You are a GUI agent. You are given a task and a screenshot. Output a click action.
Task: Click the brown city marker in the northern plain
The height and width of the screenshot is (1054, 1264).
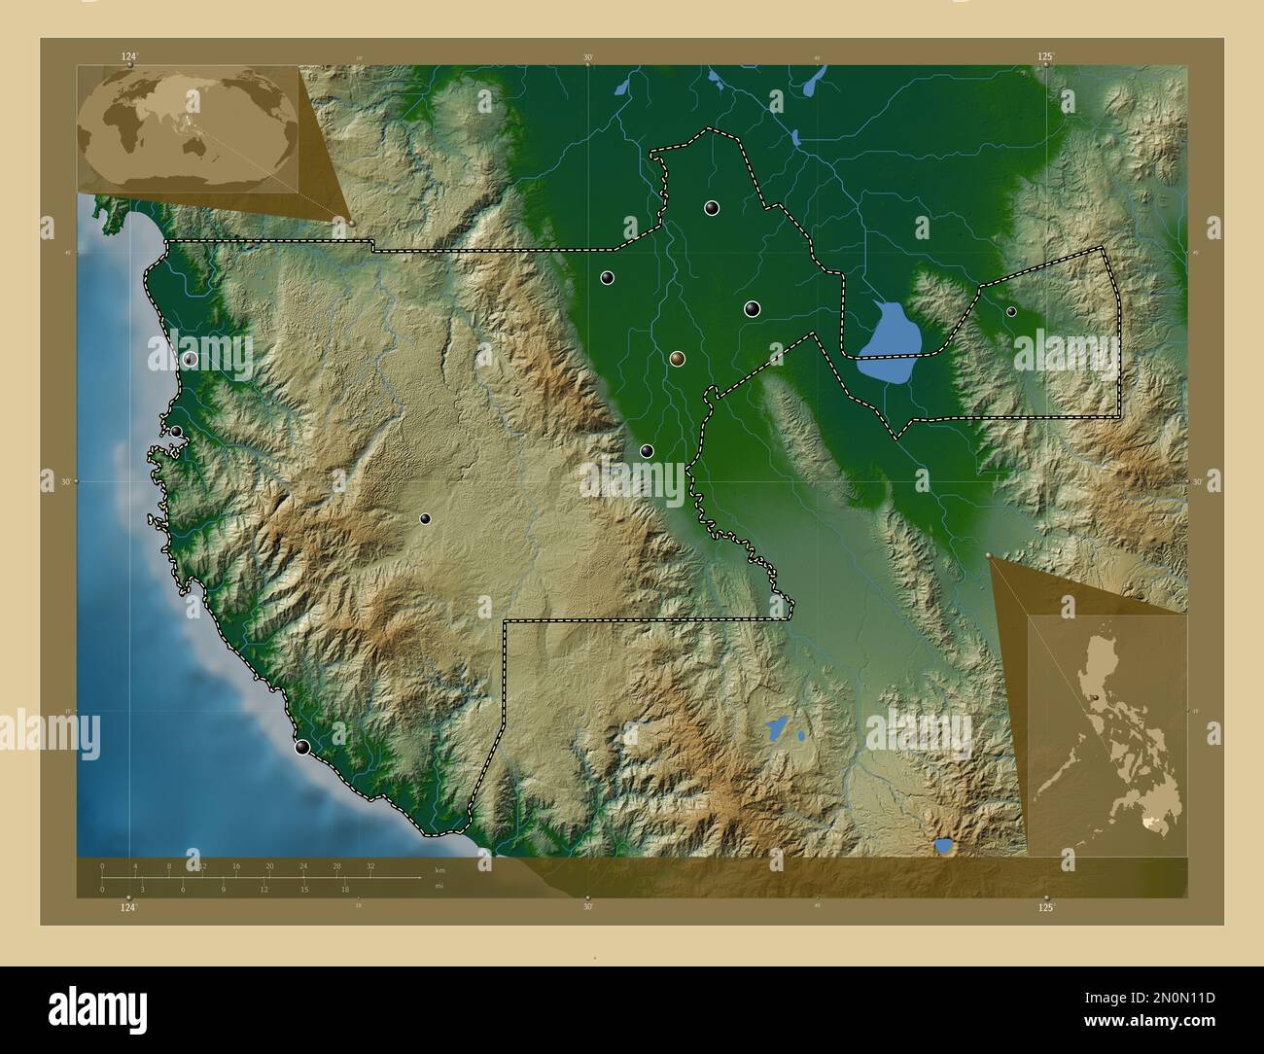(677, 359)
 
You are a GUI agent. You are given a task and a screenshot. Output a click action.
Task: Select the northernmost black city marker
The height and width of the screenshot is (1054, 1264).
(712, 207)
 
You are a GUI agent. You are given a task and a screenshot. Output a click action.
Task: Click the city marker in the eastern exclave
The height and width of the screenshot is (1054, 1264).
(1011, 312)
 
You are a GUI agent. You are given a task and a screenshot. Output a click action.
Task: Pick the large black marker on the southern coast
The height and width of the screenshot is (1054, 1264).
(302, 747)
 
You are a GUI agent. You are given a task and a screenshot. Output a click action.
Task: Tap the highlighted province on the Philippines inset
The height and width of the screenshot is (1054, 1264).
(1154, 823)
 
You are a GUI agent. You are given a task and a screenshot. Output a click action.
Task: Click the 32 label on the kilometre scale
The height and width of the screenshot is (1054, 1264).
(370, 865)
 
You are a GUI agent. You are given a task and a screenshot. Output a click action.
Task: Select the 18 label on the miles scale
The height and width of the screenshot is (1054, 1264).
(344, 889)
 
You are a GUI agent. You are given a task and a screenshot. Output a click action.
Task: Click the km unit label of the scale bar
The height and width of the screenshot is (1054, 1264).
(439, 870)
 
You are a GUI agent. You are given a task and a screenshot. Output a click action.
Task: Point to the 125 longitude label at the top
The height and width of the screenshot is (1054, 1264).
(1045, 57)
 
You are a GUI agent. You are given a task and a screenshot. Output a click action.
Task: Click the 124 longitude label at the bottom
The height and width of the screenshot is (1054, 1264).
(127, 907)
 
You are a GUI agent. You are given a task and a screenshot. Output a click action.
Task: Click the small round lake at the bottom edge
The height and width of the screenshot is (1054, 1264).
(943, 846)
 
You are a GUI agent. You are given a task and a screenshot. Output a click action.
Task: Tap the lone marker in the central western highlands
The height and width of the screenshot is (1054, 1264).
(425, 518)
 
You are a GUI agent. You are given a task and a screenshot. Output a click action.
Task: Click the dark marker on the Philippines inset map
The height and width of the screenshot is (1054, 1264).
(1097, 698)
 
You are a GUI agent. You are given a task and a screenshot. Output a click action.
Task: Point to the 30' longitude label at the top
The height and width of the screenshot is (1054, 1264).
(587, 57)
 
